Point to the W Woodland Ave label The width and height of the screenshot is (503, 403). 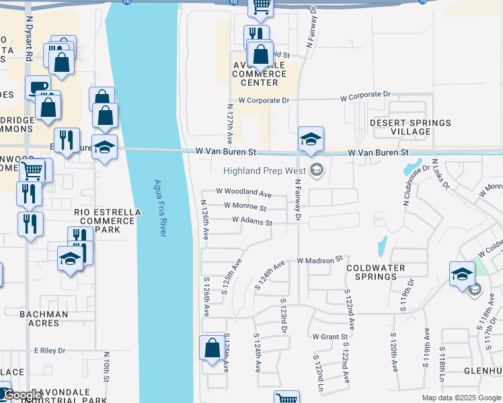pyautogui.click(x=243, y=193)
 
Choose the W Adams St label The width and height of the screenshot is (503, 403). pyautogui.click(x=251, y=221)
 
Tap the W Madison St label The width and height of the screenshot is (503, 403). pyautogui.click(x=319, y=259)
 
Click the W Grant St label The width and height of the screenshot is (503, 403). pyautogui.click(x=330, y=336)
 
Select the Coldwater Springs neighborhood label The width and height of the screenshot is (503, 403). pyautogui.click(x=375, y=272)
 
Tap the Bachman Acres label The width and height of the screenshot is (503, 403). pyautogui.click(x=44, y=318)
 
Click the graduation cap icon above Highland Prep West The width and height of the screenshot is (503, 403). pyautogui.click(x=311, y=139)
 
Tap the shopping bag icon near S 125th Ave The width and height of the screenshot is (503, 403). pyautogui.click(x=212, y=348)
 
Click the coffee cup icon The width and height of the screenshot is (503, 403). pyautogui.click(x=38, y=87)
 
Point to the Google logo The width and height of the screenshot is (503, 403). pyautogui.click(x=22, y=395)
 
